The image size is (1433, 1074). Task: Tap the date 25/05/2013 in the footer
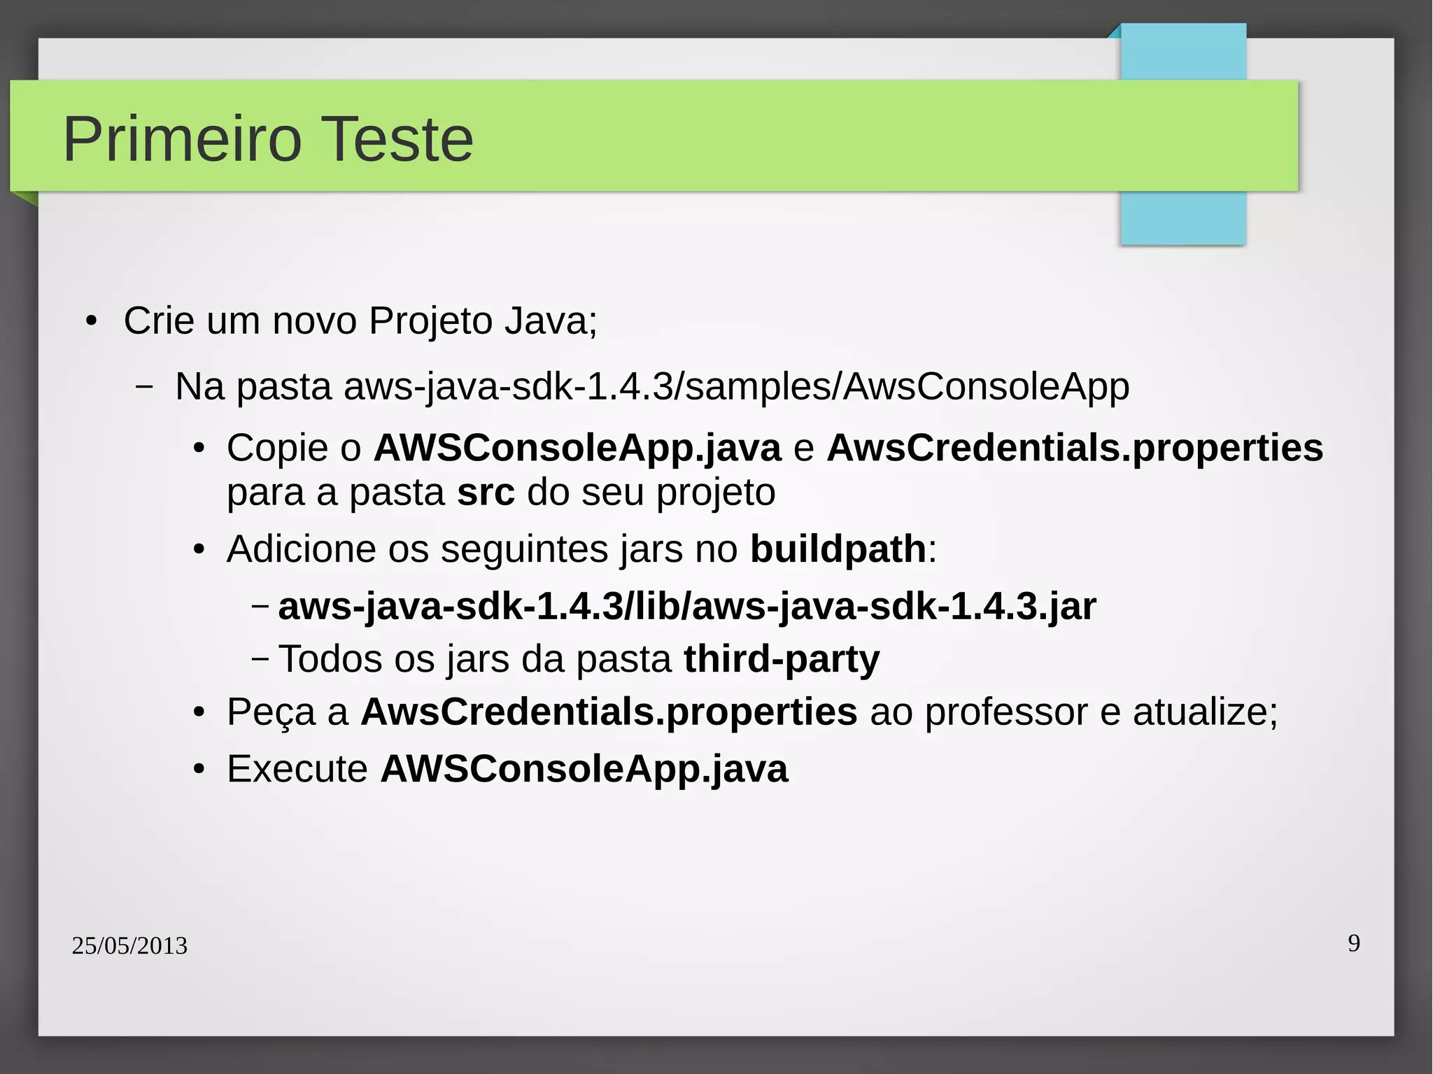click(x=129, y=945)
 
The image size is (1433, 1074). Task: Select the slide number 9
click(x=1354, y=943)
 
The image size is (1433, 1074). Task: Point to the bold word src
click(x=486, y=493)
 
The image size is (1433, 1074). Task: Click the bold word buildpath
click(x=838, y=549)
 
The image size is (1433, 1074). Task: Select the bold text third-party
click(x=782, y=659)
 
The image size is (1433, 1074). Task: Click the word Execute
click(x=297, y=769)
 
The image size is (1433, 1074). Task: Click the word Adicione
click(x=301, y=549)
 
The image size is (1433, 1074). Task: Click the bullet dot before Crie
click(x=91, y=322)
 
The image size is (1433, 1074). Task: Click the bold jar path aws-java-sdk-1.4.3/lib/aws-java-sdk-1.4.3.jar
click(x=686, y=606)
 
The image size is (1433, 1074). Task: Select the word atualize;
click(x=1205, y=712)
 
